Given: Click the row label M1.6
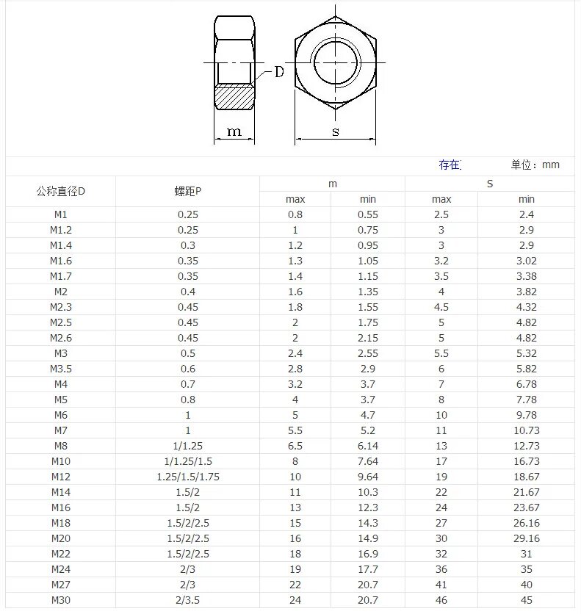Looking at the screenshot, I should (x=60, y=261).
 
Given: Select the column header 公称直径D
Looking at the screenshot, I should (x=60, y=192).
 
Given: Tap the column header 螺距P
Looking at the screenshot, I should (x=188, y=192).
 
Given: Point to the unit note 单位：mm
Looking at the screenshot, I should (x=535, y=165).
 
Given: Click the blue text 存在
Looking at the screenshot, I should (x=449, y=165).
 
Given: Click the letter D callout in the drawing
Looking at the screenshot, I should (x=279, y=72).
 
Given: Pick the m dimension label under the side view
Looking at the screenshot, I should (x=234, y=132).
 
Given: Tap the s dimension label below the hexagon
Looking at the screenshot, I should (x=335, y=132).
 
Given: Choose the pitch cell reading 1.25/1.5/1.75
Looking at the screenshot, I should (x=188, y=477).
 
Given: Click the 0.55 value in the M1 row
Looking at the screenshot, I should (x=368, y=214).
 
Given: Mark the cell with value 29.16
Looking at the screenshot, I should (x=527, y=538).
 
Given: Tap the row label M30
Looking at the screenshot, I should (x=60, y=600).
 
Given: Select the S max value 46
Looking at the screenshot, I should (x=441, y=600).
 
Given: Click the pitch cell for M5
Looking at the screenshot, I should (x=188, y=400).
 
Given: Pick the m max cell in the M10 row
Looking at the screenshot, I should (x=295, y=461).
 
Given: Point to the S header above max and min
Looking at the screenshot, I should (x=490, y=184).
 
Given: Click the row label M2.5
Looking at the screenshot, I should (x=60, y=322).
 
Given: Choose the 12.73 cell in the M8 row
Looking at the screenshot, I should (x=527, y=446).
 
